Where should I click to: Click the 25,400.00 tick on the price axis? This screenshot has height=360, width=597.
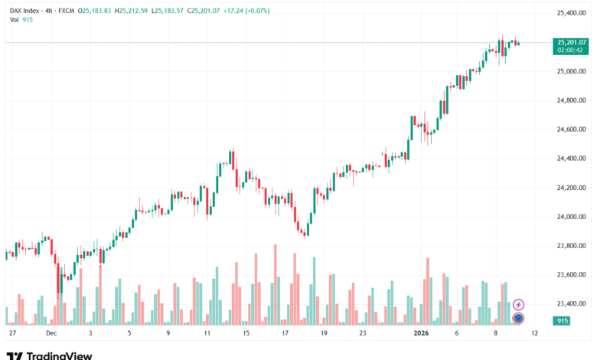point(571,13)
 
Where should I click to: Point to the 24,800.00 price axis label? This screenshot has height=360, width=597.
point(571,100)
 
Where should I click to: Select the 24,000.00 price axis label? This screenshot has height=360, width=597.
point(571,217)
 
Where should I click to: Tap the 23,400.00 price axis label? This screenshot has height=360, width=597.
point(571,304)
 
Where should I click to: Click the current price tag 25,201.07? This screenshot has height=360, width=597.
point(571,42)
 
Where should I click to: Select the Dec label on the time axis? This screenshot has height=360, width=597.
point(51,334)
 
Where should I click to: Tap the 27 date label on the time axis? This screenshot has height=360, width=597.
point(11,334)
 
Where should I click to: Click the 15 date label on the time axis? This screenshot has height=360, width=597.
point(246,334)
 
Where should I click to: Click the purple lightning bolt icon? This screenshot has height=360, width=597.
point(518,305)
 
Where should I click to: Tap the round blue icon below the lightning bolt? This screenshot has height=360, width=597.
point(518,318)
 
